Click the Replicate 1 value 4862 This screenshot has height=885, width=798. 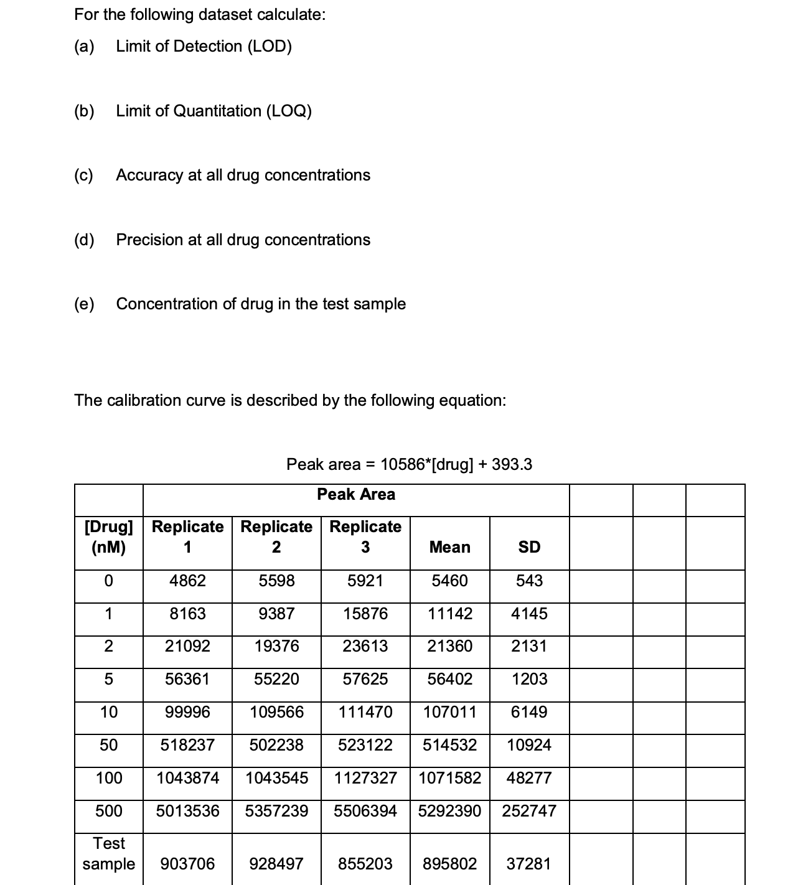(187, 581)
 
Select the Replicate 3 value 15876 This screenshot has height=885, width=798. (365, 614)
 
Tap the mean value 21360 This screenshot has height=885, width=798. (449, 646)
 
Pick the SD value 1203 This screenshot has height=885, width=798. (529, 679)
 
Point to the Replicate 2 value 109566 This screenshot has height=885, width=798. (276, 712)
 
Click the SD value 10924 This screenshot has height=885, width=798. (529, 745)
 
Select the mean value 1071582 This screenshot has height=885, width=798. (449, 778)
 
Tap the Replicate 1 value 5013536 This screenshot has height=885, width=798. (187, 811)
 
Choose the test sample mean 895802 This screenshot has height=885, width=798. (449, 864)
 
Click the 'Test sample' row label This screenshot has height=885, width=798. (109, 853)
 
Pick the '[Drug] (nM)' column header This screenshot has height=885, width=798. (109, 536)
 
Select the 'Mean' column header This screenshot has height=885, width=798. (449, 547)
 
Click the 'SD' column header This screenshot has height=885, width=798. (529, 547)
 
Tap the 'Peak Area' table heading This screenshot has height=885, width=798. (356, 494)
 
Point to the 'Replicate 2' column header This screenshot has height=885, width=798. (276, 536)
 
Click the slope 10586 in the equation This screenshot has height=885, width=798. (401, 464)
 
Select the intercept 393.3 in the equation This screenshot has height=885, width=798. (512, 464)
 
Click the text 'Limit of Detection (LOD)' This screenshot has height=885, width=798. (204, 46)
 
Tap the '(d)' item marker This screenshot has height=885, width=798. (84, 240)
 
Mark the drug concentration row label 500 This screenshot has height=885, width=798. (109, 811)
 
